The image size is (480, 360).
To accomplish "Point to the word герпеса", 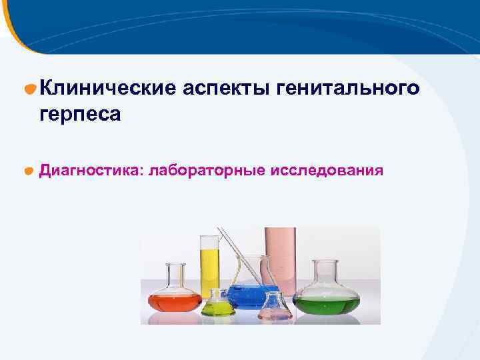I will (x=80, y=114).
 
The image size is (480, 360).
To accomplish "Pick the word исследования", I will (x=327, y=171).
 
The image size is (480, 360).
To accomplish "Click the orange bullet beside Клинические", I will (x=29, y=88).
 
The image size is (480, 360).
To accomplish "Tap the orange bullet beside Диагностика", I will (x=29, y=171).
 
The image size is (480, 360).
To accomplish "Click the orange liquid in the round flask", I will (x=175, y=302).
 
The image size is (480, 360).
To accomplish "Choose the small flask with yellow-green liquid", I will (x=218, y=307).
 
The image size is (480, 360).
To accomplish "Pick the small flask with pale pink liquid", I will (x=275, y=309).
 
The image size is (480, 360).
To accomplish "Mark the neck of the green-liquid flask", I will (x=326, y=273).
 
